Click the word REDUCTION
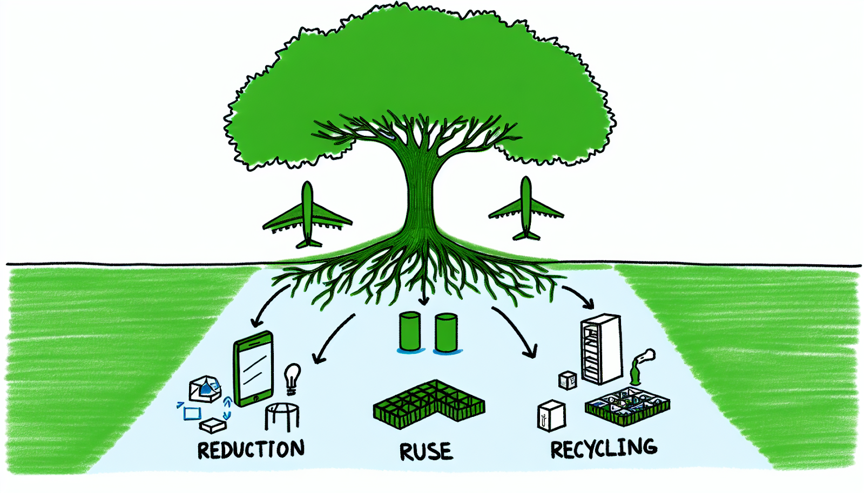pyautogui.click(x=251, y=450)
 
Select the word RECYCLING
pyautogui.click(x=604, y=448)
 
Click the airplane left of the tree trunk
pyautogui.click(x=307, y=216)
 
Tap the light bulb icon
pyautogui.click(x=292, y=377)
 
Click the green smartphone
pyautogui.click(x=253, y=369)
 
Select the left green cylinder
pyautogui.click(x=410, y=332)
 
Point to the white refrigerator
pyautogui.click(x=600, y=349)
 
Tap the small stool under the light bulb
pyautogui.click(x=282, y=417)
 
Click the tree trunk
pyautogui.click(x=419, y=194)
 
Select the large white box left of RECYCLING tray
pyautogui.click(x=551, y=415)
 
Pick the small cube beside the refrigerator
pyautogui.click(x=568, y=380)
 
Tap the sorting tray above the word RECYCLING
pyautogui.click(x=627, y=405)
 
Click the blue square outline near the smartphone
pyautogui.click(x=192, y=414)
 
